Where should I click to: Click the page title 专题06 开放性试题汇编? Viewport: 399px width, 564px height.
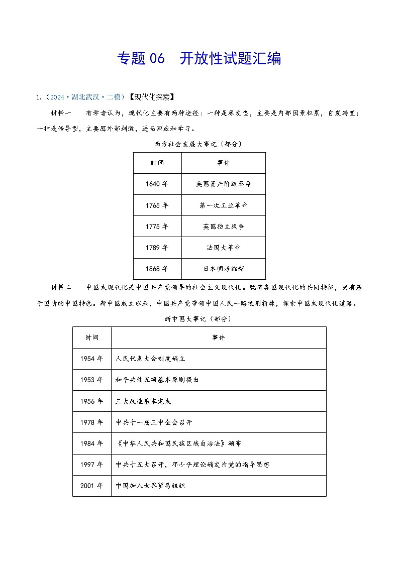click(x=199, y=59)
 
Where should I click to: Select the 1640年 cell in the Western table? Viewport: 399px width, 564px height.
click(x=157, y=184)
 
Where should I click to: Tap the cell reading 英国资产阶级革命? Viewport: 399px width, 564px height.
click(x=223, y=184)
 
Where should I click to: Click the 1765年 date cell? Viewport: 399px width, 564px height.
click(x=157, y=205)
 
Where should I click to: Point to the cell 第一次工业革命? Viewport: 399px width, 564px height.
click(x=223, y=205)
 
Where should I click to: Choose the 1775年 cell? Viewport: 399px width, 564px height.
click(x=157, y=227)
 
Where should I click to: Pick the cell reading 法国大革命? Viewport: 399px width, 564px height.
click(x=223, y=248)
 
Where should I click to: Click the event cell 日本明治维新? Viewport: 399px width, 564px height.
click(x=223, y=269)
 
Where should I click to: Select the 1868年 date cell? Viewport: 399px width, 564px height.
click(x=157, y=269)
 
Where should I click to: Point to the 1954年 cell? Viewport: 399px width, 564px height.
click(x=91, y=359)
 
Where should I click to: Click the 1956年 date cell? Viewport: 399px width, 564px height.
click(x=91, y=401)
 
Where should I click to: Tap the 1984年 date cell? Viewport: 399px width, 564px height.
click(x=91, y=443)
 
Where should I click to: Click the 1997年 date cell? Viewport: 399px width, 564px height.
click(x=91, y=465)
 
